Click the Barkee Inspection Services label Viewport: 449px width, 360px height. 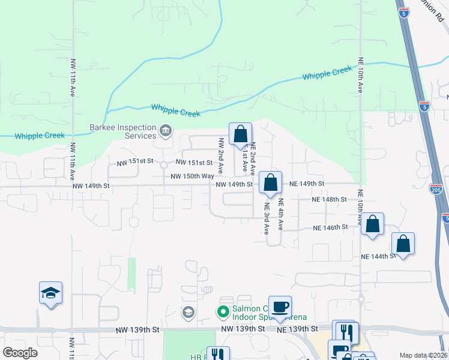(x=123, y=131)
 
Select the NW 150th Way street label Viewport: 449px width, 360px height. (x=192, y=176)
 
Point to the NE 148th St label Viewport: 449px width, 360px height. (x=330, y=199)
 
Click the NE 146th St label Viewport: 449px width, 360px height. (x=331, y=227)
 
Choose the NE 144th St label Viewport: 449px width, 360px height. (x=378, y=256)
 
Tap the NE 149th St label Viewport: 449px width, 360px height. (x=306, y=184)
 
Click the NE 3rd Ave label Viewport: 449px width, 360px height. (x=267, y=217)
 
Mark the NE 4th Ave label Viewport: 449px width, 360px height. (x=280, y=217)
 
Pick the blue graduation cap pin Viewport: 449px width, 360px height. (x=51, y=293)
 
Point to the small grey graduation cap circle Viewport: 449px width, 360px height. (x=188, y=312)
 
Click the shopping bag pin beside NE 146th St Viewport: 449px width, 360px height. (x=373, y=224)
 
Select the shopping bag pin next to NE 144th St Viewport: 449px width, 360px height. (x=403, y=244)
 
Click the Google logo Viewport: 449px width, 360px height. (x=20, y=353)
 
